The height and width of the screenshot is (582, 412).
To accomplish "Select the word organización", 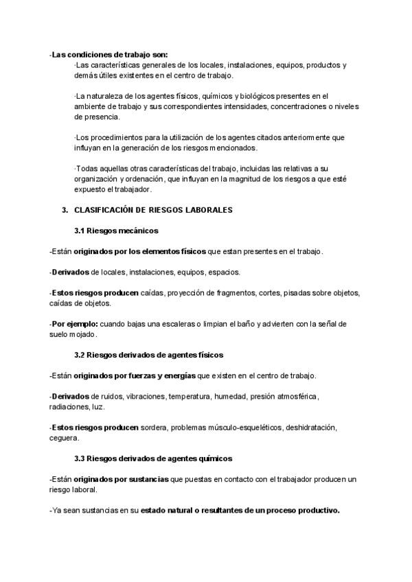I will [x=97, y=180].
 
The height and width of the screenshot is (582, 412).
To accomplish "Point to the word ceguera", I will [x=64, y=438].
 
